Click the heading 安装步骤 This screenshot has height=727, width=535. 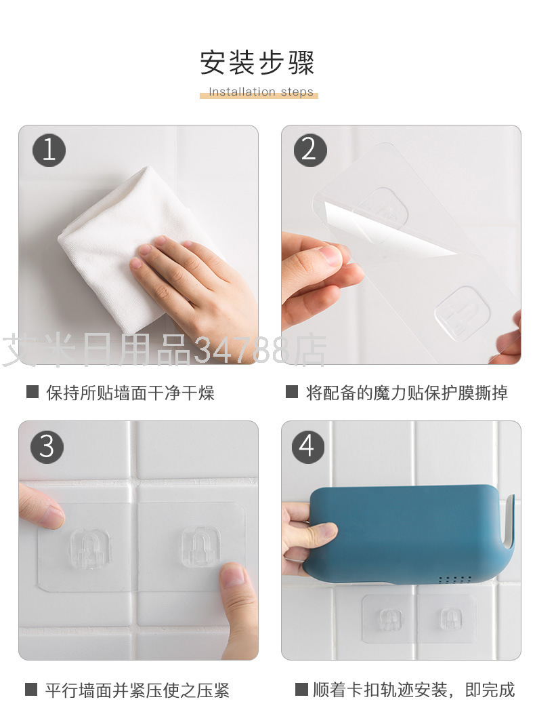(x=257, y=63)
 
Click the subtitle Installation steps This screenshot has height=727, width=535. (x=261, y=92)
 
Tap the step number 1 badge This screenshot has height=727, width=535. (x=49, y=151)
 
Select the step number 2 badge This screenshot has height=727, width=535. (x=310, y=151)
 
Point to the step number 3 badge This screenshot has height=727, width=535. (x=47, y=447)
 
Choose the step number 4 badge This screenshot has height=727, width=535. (x=307, y=447)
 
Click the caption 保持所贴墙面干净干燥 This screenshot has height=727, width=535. (x=130, y=393)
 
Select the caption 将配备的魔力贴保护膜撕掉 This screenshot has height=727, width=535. (x=407, y=393)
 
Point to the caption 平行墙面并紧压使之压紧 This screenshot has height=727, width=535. (x=137, y=690)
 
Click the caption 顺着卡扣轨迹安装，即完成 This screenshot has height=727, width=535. (x=413, y=690)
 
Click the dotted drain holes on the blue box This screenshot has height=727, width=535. (x=455, y=580)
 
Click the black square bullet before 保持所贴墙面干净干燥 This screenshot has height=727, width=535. (x=33, y=392)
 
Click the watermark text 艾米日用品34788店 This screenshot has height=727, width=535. (x=165, y=350)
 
